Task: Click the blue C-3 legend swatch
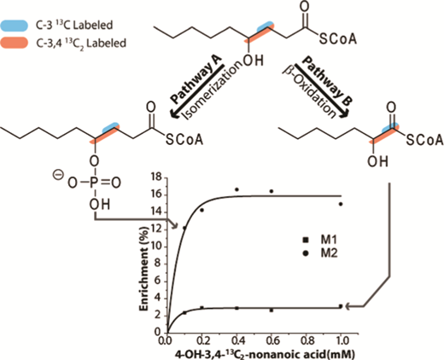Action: click(15, 26)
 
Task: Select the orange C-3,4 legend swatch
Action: click(15, 43)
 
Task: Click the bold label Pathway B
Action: click(327, 80)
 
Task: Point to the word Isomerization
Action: click(210, 91)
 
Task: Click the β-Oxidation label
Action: click(309, 92)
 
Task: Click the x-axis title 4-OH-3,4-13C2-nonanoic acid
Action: click(260, 354)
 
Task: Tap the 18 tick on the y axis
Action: click(156, 177)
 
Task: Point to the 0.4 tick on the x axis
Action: click(237, 340)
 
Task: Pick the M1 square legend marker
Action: click(306, 240)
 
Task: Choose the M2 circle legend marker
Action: click(306, 253)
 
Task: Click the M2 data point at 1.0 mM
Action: click(341, 204)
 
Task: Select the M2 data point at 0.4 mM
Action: click(237, 189)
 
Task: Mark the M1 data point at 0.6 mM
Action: click(272, 311)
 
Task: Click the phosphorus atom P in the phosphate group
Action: click(94, 183)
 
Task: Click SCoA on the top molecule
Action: click(337, 39)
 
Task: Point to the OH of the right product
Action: click(377, 162)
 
